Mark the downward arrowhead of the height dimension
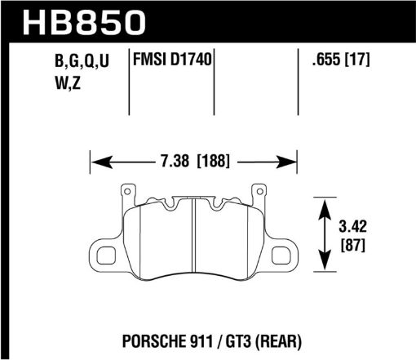(x=325, y=266)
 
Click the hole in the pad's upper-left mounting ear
(x=126, y=193)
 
